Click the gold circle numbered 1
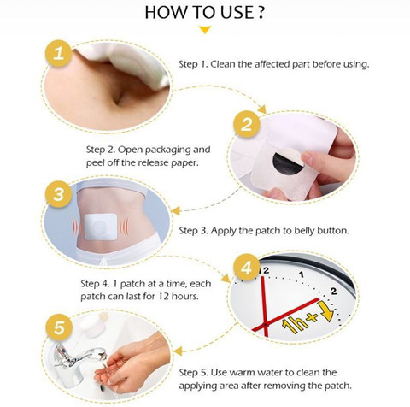[58, 53]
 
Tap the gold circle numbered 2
[247, 125]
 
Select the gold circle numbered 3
[59, 194]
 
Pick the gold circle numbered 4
[247, 268]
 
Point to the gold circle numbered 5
[59, 327]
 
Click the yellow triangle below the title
[205, 30]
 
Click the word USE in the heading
[237, 13]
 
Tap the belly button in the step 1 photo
[119, 99]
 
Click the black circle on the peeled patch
[287, 164]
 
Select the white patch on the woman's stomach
[101, 227]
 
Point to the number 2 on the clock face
[334, 291]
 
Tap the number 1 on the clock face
[302, 274]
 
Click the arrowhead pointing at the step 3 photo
[175, 211]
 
